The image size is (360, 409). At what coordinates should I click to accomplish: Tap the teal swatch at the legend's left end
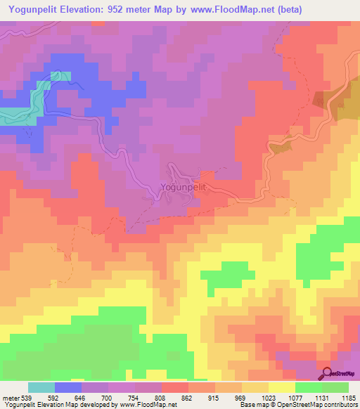pos(41,387)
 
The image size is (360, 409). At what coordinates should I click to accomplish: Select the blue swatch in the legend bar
pos(68,387)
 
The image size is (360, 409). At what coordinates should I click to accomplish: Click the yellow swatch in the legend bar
pos(282,387)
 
